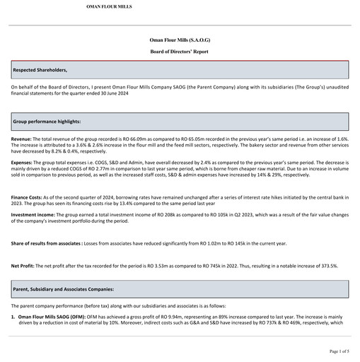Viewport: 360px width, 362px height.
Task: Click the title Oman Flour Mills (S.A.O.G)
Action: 180,41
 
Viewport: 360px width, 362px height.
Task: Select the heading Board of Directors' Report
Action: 180,52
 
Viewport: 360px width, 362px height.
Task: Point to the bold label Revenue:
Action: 21,140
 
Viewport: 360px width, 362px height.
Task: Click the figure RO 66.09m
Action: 134,140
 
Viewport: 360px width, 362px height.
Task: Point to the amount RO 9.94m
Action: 153,317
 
